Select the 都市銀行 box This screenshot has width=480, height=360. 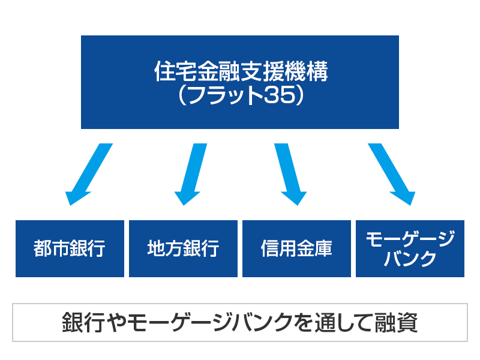coord(70,248)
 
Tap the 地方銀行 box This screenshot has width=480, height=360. coord(183,248)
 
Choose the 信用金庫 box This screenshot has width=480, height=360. coord(296,248)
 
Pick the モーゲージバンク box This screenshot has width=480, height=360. coord(410,248)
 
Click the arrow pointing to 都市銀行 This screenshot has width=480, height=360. coord(88,175)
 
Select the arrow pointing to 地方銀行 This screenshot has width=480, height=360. coord(191,175)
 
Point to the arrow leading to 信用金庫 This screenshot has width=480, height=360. coord(290,175)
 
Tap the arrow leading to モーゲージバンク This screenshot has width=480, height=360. coord(391,175)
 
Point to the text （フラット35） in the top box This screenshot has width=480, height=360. coord(240,96)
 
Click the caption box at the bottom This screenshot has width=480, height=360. coord(240,323)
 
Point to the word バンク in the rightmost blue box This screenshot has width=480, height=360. coord(410,260)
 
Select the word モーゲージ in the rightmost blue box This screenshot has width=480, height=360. coord(410,238)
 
